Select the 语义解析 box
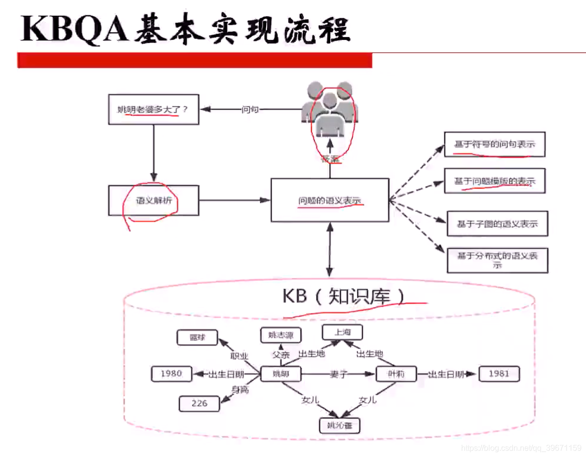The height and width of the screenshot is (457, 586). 154,201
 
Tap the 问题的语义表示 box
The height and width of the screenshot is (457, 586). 329,201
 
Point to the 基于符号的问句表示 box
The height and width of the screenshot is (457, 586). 494,144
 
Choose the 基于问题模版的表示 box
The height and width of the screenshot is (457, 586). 494,181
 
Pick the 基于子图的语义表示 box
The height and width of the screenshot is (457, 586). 497,224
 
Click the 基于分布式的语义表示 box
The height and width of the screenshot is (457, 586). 497,260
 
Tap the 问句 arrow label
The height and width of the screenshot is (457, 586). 250,109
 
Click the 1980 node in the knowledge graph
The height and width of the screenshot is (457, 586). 171,374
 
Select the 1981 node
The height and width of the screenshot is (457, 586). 499,374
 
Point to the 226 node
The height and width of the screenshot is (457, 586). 199,403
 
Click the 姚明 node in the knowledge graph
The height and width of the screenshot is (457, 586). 280,374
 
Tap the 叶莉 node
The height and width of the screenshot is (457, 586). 396,374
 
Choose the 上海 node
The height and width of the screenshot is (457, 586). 342,332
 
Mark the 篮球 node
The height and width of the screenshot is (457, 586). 197,338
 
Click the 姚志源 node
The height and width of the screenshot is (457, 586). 280,335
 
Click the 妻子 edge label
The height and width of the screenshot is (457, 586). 340,374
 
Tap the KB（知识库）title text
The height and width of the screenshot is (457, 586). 344,296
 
